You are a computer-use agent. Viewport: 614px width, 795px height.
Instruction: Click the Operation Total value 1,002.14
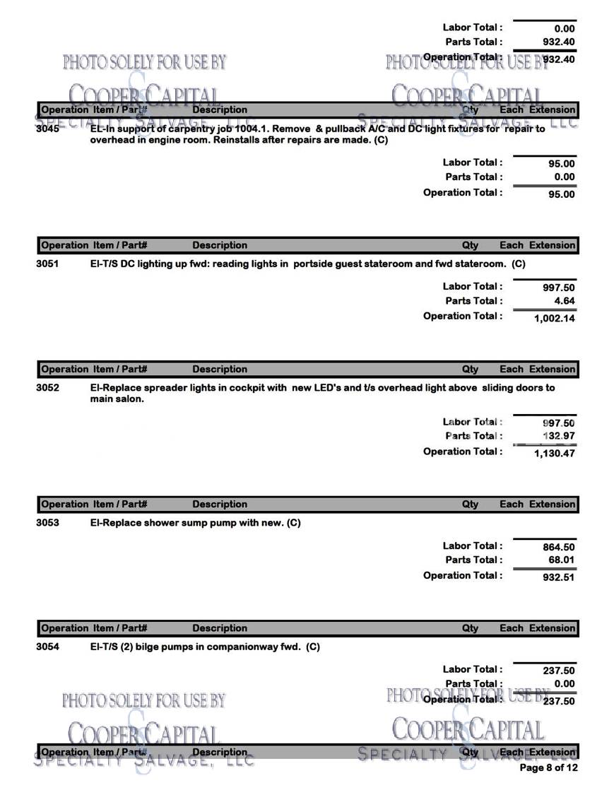click(x=554, y=318)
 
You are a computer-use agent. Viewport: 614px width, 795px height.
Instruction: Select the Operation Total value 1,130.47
click(x=554, y=454)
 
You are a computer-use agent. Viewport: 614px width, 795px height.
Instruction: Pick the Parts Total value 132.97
click(x=558, y=436)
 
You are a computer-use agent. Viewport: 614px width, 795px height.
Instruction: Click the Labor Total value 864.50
click(x=558, y=546)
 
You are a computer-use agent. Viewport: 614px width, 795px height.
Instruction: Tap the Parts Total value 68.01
click(x=561, y=560)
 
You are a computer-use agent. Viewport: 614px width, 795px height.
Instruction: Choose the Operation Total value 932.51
click(x=558, y=577)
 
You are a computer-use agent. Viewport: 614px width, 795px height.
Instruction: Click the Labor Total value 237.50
click(x=558, y=671)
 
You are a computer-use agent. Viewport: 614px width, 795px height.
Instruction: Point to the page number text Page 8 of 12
click(x=548, y=767)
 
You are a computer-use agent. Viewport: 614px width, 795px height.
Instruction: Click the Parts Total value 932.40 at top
click(x=558, y=42)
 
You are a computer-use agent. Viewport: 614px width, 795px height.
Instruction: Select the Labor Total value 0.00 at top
click(x=564, y=29)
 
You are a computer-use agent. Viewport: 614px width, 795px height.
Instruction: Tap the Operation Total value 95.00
click(x=561, y=194)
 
